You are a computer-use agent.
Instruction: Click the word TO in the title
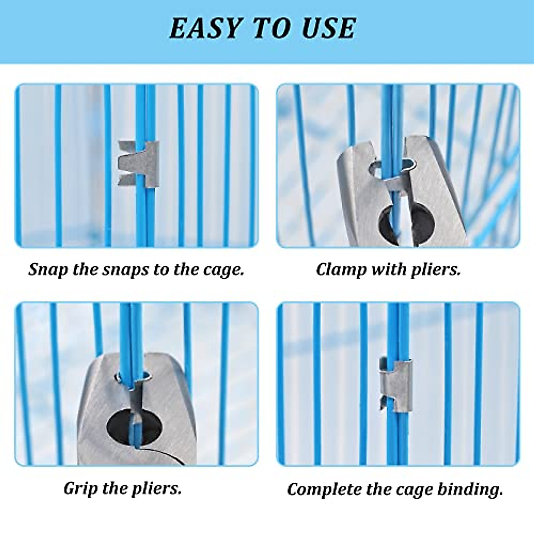pos(272,28)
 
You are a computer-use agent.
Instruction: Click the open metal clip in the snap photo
pos(138,164)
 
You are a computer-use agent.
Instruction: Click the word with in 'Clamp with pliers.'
pos(390,270)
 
